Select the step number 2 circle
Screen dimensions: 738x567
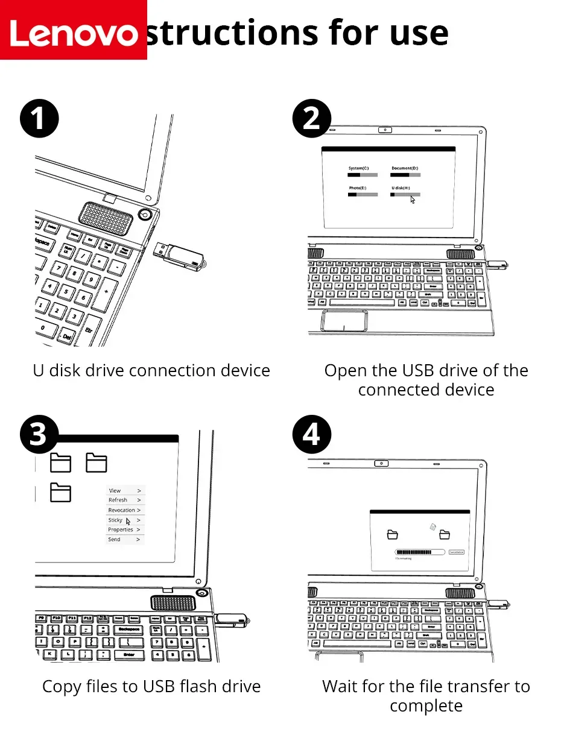click(x=311, y=118)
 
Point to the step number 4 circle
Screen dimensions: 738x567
click(x=311, y=434)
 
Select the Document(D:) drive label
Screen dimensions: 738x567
click(x=405, y=168)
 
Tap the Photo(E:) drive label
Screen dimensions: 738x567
click(x=357, y=188)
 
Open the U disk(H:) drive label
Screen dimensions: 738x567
click(x=401, y=188)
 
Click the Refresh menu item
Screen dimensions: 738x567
click(x=118, y=500)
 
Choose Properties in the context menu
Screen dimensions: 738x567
click(x=121, y=529)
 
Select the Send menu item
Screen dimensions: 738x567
click(x=114, y=540)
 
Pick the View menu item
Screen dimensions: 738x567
click(x=115, y=491)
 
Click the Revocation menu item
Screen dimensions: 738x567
click(x=121, y=510)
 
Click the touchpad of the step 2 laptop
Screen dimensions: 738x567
click(x=344, y=320)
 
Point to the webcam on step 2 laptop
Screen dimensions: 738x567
click(x=384, y=130)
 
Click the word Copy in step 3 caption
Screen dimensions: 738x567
click(x=61, y=686)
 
